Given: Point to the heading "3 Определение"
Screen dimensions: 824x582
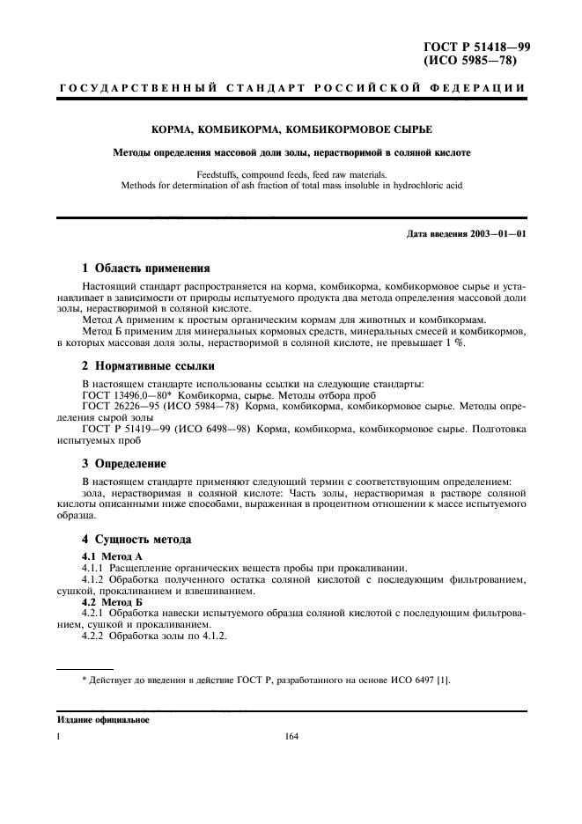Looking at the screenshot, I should tap(124, 463).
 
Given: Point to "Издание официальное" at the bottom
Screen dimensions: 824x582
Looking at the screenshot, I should tap(104, 720).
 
